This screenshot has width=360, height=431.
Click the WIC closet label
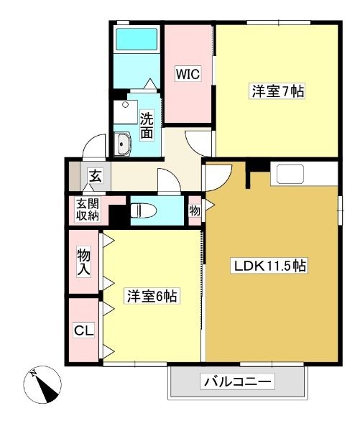click(188, 74)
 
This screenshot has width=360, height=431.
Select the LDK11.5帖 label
click(269, 266)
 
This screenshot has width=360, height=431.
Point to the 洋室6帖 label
click(152, 296)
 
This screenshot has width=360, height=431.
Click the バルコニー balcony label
click(238, 381)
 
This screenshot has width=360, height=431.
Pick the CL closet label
click(84, 330)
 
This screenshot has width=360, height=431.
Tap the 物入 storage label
click(83, 262)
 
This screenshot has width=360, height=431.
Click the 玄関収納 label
click(88, 210)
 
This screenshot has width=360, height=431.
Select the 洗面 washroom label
click(147, 125)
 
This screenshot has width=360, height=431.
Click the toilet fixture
click(143, 210)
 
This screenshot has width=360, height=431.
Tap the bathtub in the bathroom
click(137, 39)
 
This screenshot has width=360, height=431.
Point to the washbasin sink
click(122, 144)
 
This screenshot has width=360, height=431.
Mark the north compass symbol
click(42, 384)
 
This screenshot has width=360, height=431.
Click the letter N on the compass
click(34, 373)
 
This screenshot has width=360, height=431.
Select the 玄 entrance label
click(96, 176)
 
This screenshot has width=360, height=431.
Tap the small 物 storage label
click(195, 210)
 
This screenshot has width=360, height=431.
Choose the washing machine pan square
click(126, 112)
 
